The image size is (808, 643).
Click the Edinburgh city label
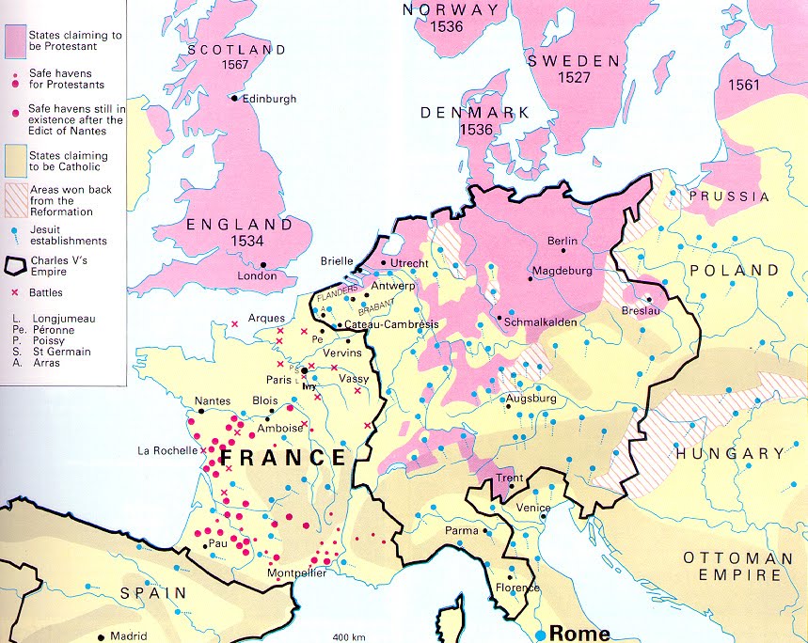[269, 99]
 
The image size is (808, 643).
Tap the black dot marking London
[263, 264]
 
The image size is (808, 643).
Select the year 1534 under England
[239, 243]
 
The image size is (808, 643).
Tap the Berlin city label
[562, 242]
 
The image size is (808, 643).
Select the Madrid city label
[129, 635]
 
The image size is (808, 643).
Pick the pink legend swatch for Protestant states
[19, 41]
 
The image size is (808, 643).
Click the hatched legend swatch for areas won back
[19, 200]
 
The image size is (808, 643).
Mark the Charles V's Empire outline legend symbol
[18, 264]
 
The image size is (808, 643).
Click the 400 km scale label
[349, 637]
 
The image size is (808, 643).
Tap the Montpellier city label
[296, 573]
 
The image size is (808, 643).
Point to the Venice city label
[532, 508]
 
